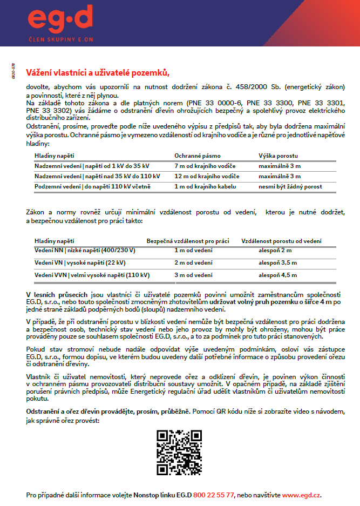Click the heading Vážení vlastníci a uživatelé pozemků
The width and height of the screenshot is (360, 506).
tap(98, 73)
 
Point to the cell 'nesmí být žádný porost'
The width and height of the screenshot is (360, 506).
tap(290, 186)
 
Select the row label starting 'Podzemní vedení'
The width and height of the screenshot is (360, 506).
tap(92, 186)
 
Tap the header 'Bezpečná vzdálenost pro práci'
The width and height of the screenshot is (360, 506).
tap(188, 240)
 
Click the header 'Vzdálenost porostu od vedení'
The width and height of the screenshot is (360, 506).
tap(281, 240)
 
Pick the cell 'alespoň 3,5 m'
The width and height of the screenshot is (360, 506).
tap(277, 262)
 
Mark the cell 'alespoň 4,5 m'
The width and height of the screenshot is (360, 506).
tap(277, 275)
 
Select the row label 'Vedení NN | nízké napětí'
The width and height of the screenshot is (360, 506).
tap(85, 251)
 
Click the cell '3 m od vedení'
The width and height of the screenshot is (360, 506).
tap(193, 275)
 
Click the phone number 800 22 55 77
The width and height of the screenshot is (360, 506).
tap(213, 494)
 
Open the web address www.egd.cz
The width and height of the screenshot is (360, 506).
tap(301, 494)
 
